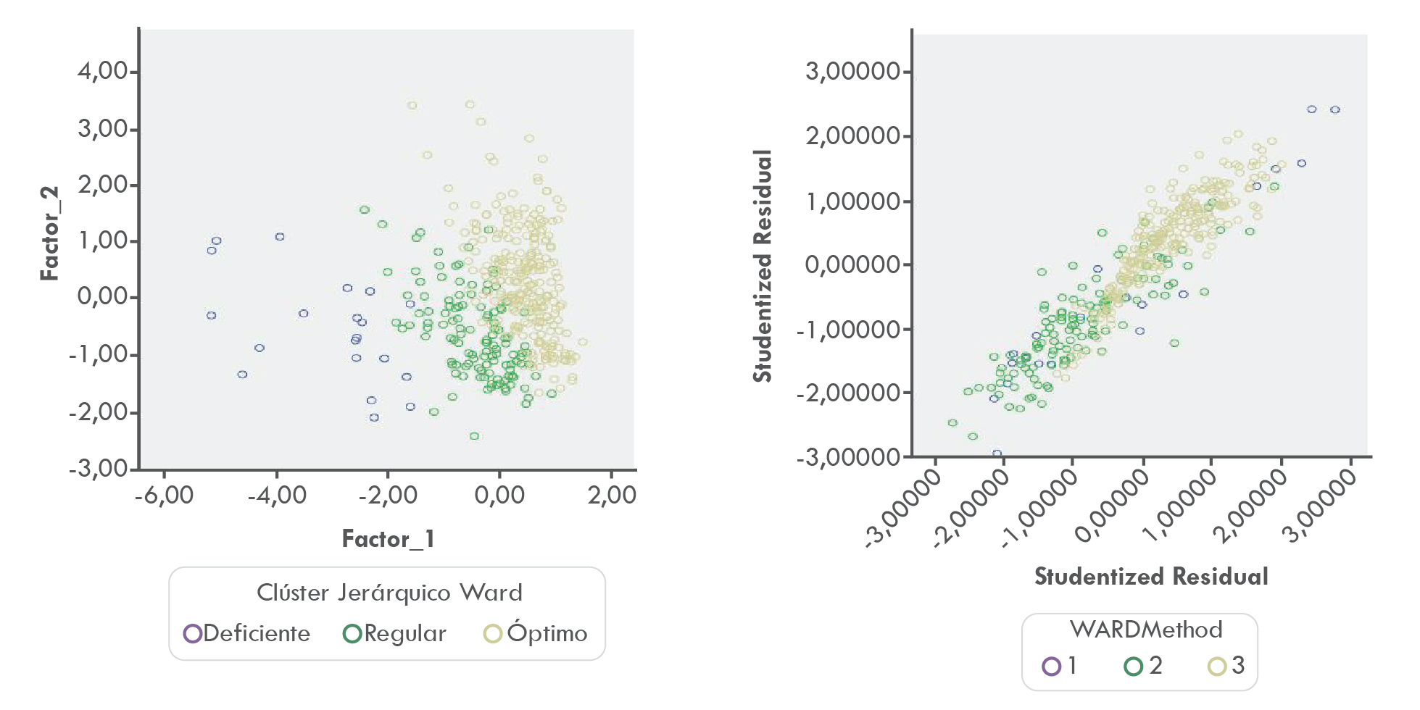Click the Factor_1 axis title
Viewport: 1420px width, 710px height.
pos(388,539)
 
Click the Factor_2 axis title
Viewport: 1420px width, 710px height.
pos(49,233)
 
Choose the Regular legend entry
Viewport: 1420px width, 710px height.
pos(394,633)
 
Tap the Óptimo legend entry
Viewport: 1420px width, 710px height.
pos(536,633)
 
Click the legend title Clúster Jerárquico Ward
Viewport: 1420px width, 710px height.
pos(389,593)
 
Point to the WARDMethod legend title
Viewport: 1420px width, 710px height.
pos(1145,629)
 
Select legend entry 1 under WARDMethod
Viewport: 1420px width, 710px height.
pos(1060,665)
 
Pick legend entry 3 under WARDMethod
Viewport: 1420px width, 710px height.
pos(1226,665)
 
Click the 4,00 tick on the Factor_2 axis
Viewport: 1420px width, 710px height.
pos(103,71)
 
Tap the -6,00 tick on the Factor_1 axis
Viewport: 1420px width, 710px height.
pos(164,496)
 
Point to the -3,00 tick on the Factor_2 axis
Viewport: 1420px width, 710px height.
pos(99,468)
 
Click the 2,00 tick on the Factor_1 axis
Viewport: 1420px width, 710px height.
pos(612,496)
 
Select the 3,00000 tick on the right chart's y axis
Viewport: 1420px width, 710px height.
pos(852,71)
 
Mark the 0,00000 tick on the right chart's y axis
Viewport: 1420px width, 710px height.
pos(852,264)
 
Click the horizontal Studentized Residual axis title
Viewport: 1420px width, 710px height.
pos(1151,577)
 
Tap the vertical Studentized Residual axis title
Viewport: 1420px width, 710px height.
pos(763,265)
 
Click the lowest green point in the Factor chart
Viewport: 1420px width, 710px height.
pos(474,436)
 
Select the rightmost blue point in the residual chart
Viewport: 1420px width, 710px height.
pos(1335,110)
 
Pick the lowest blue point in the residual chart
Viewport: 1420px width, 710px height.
pos(997,454)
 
